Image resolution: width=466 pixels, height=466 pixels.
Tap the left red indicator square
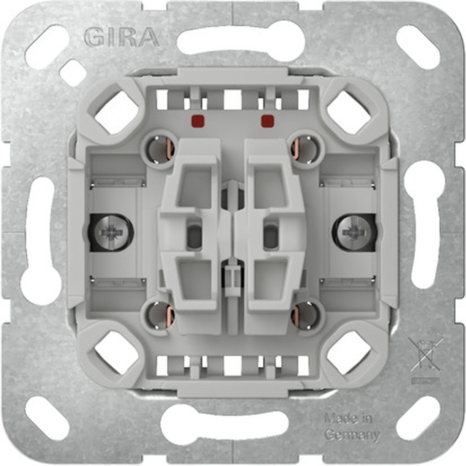click(x=196, y=122)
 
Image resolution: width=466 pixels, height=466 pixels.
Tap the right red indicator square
click(x=267, y=122)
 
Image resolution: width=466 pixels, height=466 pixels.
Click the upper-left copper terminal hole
click(x=161, y=149)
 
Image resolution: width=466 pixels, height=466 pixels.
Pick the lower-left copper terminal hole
click(x=161, y=316)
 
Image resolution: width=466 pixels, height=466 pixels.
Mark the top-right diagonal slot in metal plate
click(x=418, y=47)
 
